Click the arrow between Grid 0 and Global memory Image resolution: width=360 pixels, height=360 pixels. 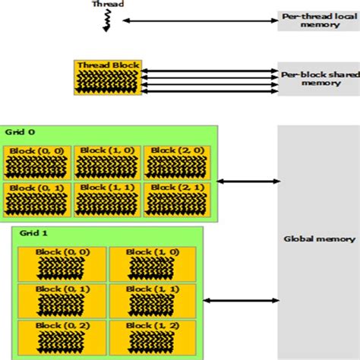pos(248,181)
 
